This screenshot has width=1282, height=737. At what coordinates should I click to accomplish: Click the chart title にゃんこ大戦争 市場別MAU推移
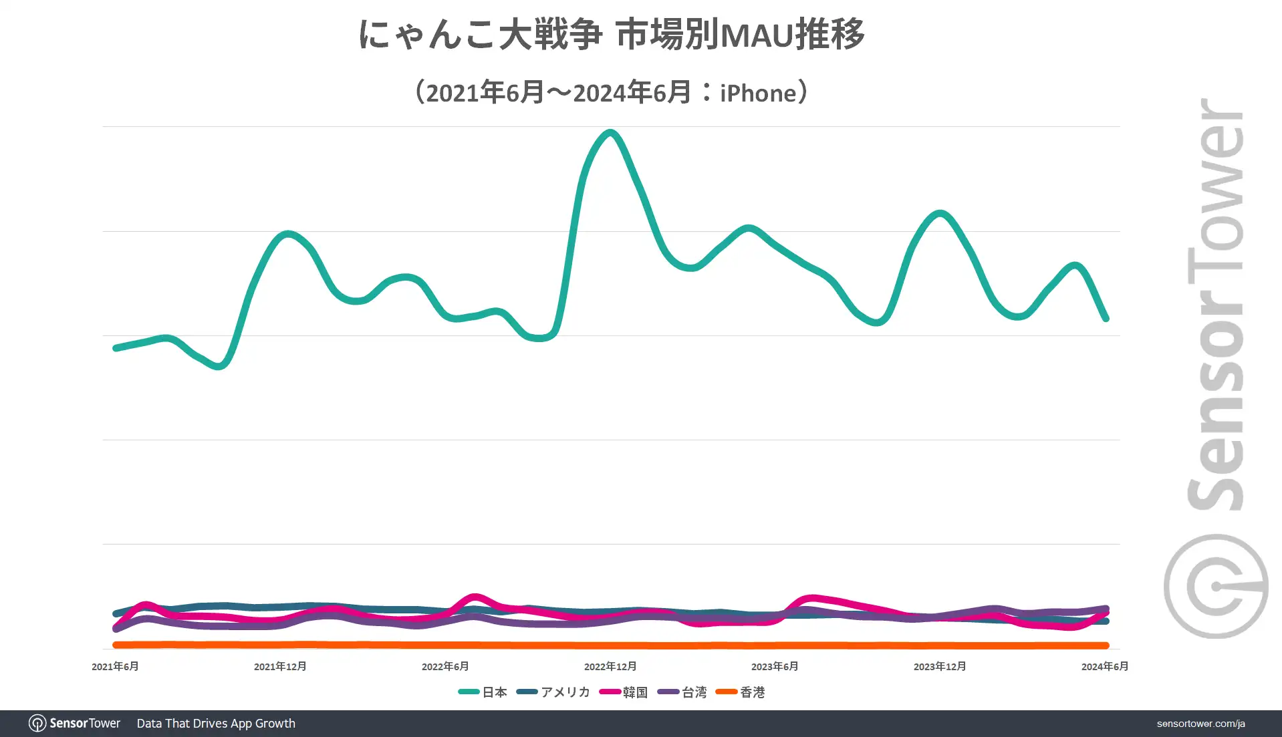(x=611, y=35)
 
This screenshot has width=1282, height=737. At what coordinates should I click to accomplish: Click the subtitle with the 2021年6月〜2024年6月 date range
(x=611, y=92)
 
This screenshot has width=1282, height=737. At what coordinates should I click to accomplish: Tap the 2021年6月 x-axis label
(x=115, y=666)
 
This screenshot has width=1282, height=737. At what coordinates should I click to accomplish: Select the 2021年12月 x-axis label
(x=280, y=666)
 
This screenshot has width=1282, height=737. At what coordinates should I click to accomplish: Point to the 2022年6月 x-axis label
(x=445, y=666)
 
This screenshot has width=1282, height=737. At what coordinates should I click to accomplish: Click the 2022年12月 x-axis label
(x=610, y=666)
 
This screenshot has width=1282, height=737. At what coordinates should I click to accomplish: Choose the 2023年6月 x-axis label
(x=775, y=666)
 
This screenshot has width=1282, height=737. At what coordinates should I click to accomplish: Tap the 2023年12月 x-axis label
(x=940, y=666)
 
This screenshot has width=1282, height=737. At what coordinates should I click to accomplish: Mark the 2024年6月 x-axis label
(x=1105, y=666)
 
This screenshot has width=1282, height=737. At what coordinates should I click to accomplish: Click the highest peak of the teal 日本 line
(x=610, y=132)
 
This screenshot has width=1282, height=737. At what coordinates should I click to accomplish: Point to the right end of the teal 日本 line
(x=1106, y=319)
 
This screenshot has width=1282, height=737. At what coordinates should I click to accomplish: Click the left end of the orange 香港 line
(x=116, y=645)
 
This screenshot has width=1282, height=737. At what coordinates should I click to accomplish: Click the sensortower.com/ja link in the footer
(x=1200, y=724)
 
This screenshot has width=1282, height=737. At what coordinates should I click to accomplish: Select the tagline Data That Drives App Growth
(x=216, y=724)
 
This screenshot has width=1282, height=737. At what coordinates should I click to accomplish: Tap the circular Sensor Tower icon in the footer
(x=37, y=723)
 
